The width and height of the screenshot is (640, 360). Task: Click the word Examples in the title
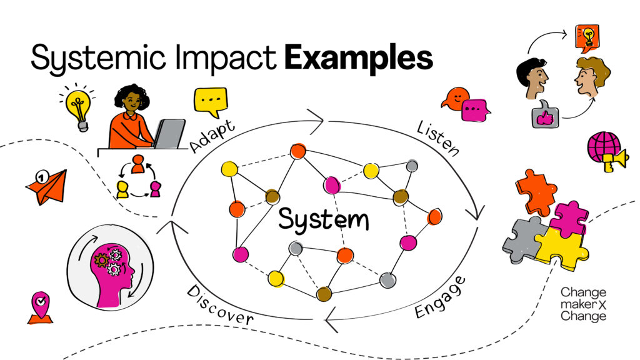point(359,58)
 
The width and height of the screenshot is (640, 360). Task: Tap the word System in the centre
point(323,220)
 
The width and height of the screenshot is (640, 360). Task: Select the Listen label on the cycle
point(438,138)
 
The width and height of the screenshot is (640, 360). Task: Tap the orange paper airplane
point(46,186)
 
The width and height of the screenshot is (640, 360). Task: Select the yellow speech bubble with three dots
point(209,101)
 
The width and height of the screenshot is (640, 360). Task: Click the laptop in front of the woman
point(169,134)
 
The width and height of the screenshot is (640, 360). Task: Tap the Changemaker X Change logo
point(582,304)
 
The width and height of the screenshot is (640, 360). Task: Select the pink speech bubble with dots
point(476,109)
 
